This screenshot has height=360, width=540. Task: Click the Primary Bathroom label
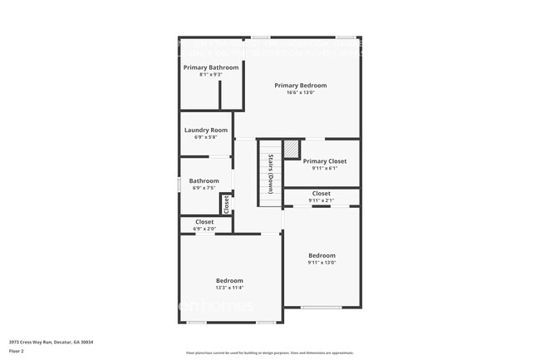point(211,67)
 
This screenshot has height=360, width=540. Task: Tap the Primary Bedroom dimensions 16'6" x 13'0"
point(300,92)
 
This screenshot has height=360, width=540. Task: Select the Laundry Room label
point(206,130)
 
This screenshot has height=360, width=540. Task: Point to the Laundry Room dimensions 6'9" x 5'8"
point(206,137)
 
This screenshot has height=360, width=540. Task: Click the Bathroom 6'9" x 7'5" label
point(204,180)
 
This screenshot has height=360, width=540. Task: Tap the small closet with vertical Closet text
point(225,203)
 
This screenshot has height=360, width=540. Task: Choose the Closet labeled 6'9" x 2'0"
point(204,222)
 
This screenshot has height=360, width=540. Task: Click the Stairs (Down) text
point(271,173)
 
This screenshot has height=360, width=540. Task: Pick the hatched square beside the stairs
point(291,149)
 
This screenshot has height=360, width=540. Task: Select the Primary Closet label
point(324,161)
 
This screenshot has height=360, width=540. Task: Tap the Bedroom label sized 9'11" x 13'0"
point(322,255)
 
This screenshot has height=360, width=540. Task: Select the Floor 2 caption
point(17,351)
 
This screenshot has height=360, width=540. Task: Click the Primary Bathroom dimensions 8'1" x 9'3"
point(211,75)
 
